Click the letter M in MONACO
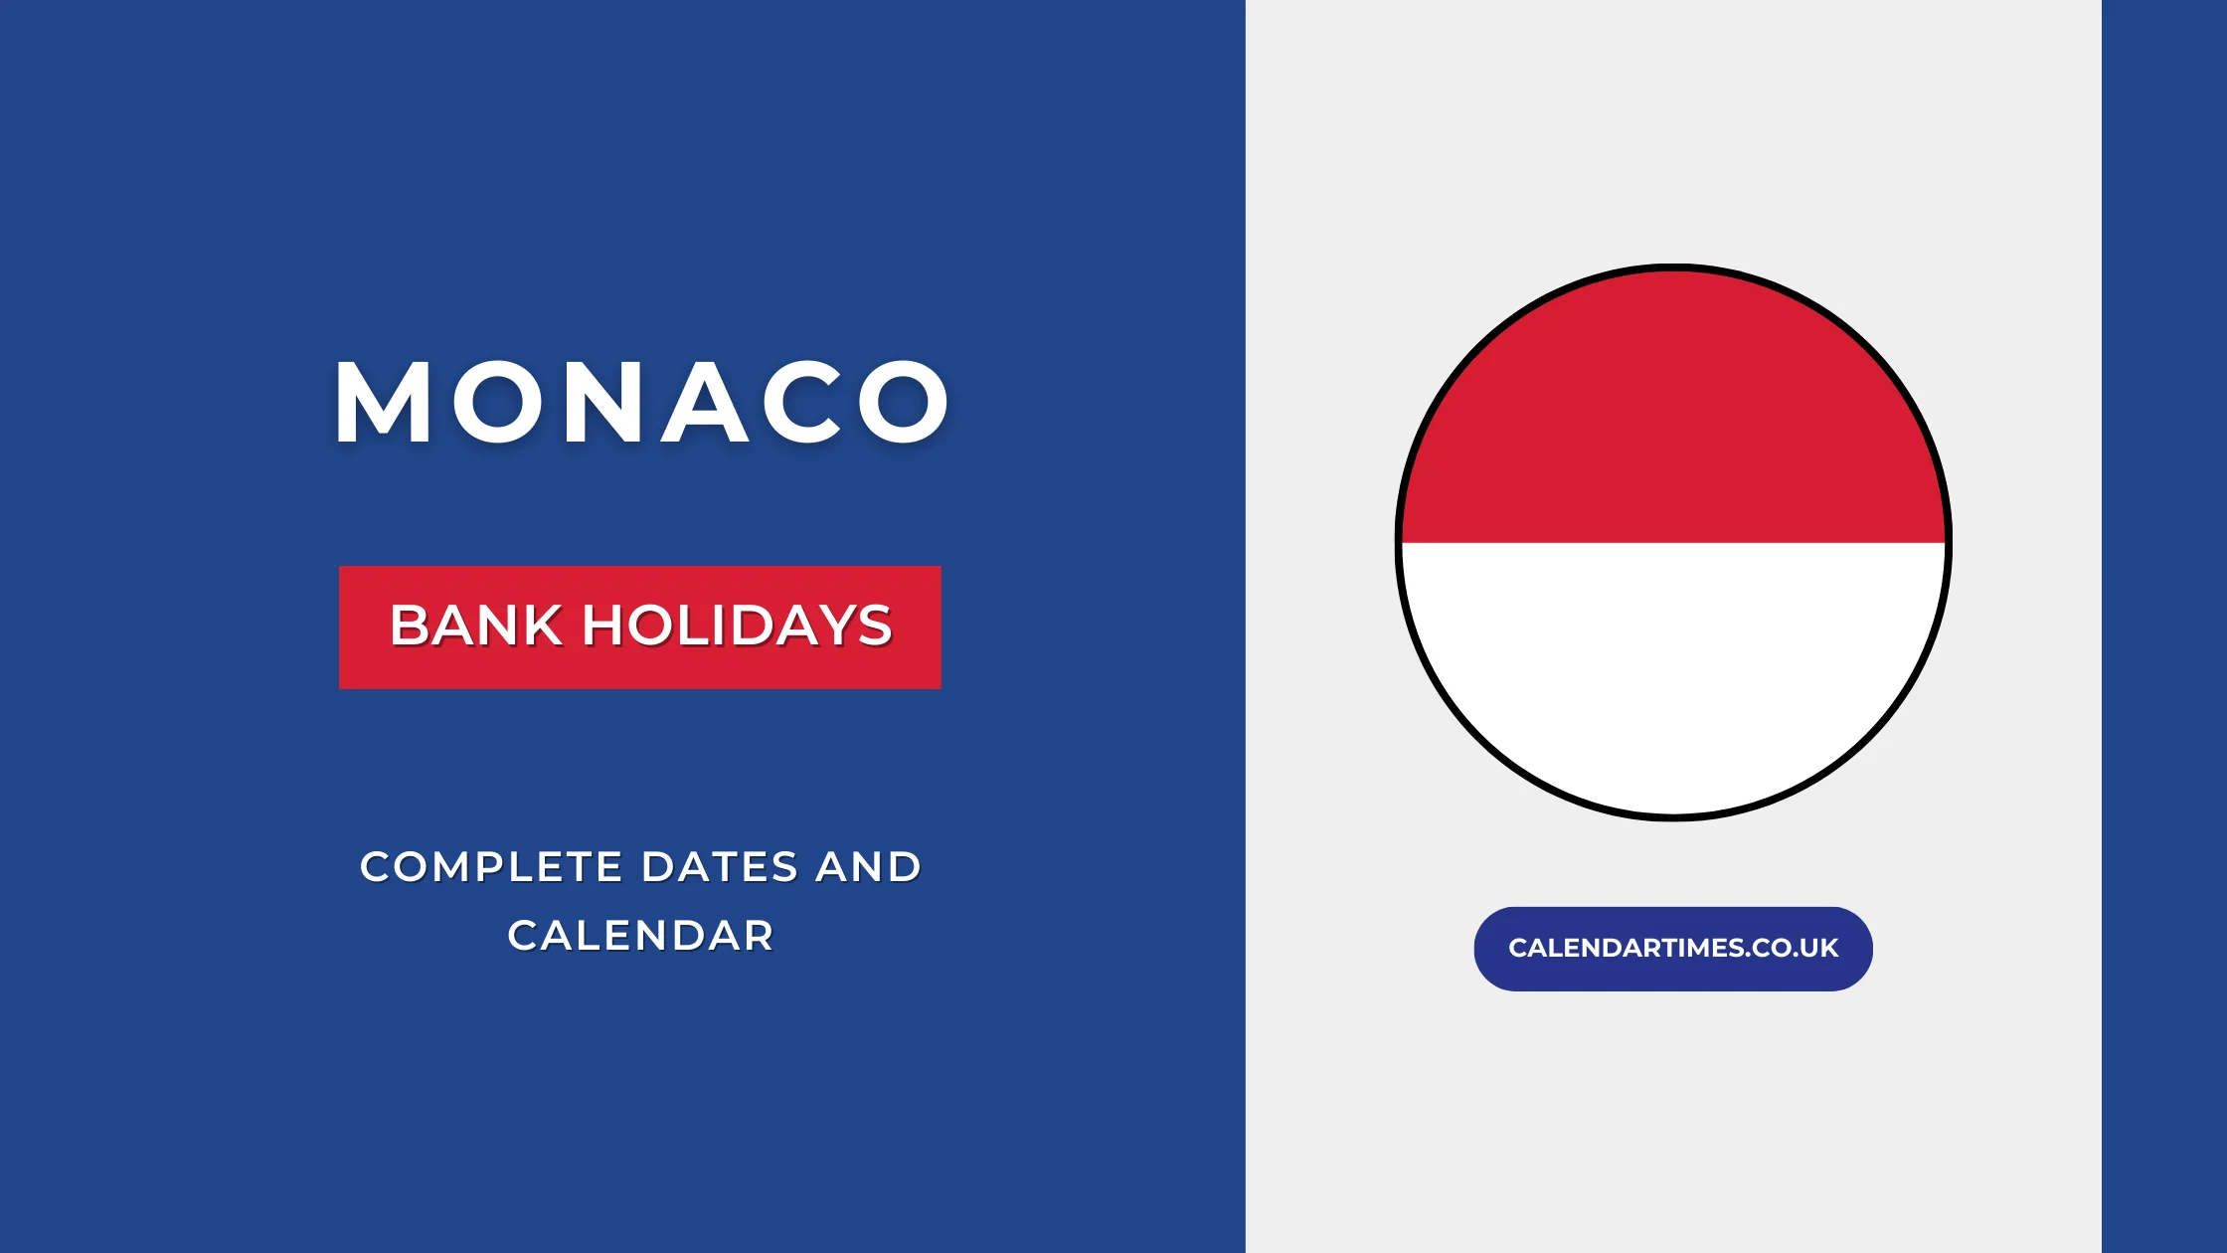383,403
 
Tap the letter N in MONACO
603,403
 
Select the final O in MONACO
904,403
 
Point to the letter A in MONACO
705,403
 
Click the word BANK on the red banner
475,626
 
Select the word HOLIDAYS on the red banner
737,626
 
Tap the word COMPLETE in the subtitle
491,867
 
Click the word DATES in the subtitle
720,867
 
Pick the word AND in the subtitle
869,867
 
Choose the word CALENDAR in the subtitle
640,936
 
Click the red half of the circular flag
1673,418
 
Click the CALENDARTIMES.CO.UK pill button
1673,948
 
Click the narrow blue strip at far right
2164,626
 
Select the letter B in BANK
408,626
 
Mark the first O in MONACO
496,403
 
